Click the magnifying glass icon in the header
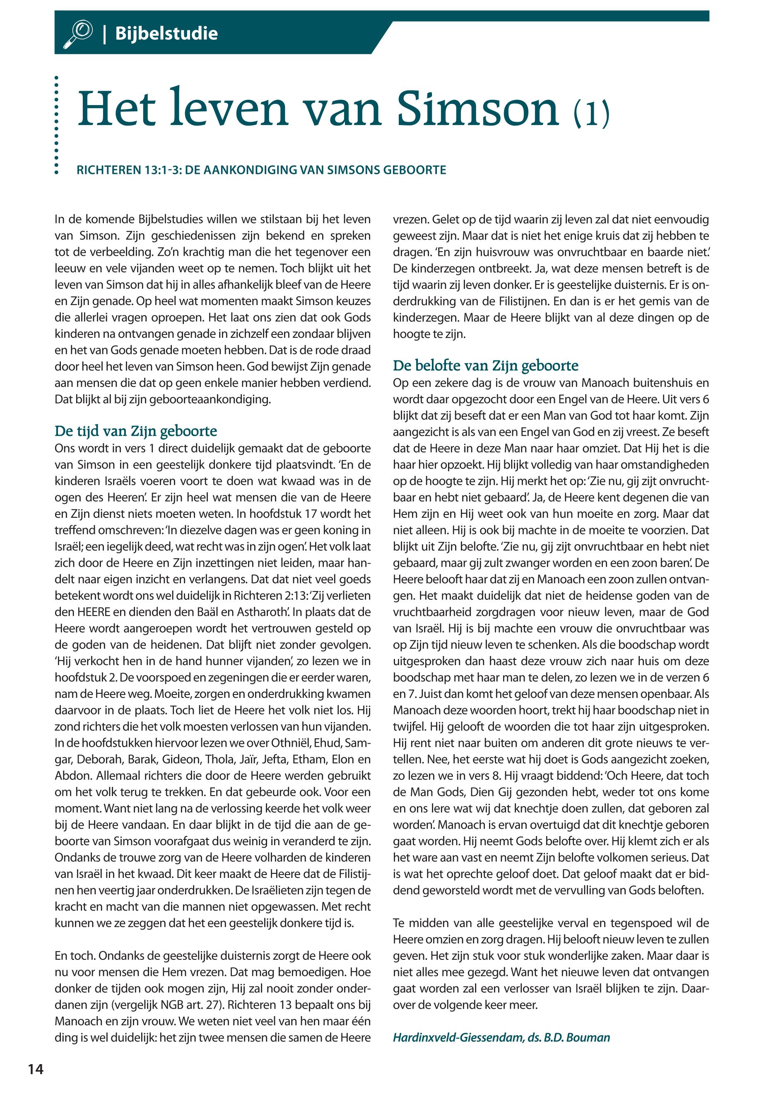pos(77,34)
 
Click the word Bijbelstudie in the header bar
pos(166,34)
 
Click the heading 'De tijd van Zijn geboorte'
pos(136,431)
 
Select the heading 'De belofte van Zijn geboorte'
pos(485,365)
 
